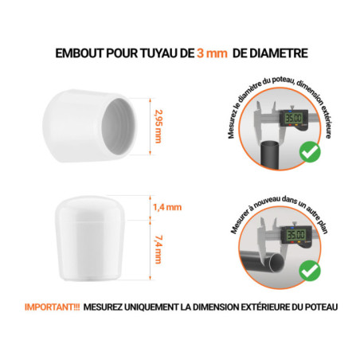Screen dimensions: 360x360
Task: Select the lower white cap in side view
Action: [x=92, y=234]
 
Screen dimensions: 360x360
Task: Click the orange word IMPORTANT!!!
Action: [x=49, y=307]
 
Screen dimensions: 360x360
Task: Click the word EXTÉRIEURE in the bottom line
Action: [x=252, y=307]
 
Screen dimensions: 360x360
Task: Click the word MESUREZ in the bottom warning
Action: [x=102, y=307]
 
